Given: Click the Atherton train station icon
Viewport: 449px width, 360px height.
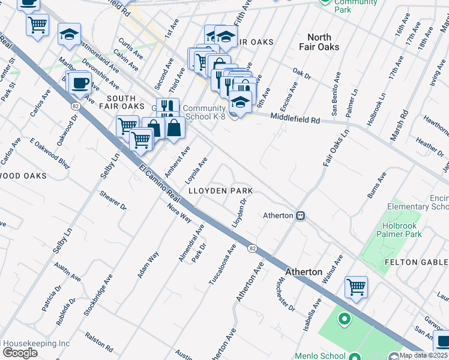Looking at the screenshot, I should click(x=301, y=215).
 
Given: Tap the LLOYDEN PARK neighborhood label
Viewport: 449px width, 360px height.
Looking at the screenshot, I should click(x=220, y=191).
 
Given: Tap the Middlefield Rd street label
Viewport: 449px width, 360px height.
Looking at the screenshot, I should click(x=294, y=119).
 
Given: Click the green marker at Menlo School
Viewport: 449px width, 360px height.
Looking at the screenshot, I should click(x=344, y=319).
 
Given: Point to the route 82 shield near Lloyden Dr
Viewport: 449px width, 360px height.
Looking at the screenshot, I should click(x=253, y=248).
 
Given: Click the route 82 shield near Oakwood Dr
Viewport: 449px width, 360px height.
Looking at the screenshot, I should click(x=76, y=106).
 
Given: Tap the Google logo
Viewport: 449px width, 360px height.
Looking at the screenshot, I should click(x=20, y=353).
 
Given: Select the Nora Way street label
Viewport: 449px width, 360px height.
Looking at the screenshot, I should click(x=179, y=212).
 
